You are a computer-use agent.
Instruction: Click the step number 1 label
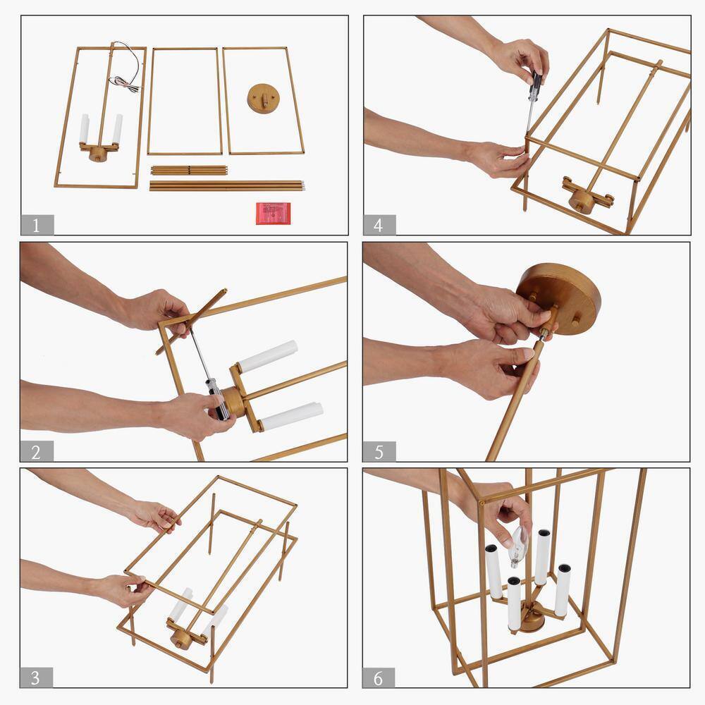[x=37, y=225]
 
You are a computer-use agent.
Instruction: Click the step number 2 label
[x=37, y=451]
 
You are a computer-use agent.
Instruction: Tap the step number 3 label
[x=37, y=677]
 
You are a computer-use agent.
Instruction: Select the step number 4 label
[x=379, y=225]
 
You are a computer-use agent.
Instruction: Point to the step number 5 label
[x=379, y=451]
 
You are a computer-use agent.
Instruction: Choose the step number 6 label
[x=379, y=678]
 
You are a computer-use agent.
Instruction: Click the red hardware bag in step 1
[x=274, y=213]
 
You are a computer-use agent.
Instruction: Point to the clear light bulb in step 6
[x=518, y=546]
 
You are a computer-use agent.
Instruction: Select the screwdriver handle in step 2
[x=217, y=400]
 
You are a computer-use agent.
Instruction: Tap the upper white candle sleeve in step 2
[x=268, y=356]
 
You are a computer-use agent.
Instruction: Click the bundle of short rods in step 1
[x=189, y=171]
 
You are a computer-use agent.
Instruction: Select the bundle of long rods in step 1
[x=227, y=185]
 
